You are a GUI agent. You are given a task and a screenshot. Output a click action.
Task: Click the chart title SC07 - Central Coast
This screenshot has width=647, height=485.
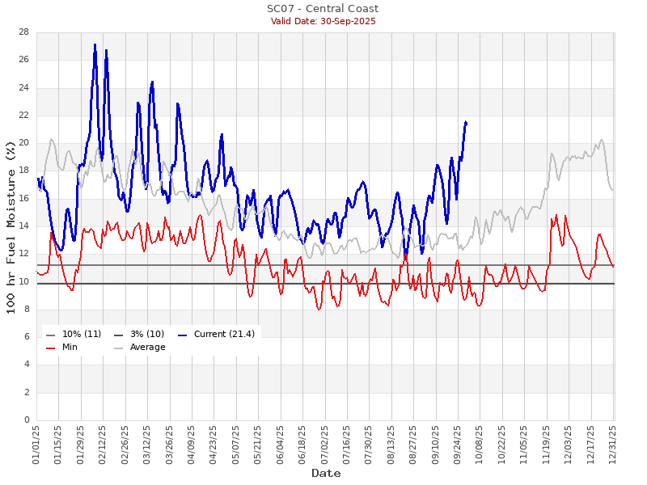pyautogui.click(x=323, y=9)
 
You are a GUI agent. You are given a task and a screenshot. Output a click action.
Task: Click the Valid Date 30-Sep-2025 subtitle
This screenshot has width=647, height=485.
pyautogui.click(x=323, y=21)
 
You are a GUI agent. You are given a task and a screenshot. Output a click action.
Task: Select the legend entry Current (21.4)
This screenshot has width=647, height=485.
pyautogui.click(x=216, y=334)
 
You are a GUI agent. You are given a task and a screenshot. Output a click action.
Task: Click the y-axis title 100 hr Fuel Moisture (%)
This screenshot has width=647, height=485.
pyautogui.click(x=12, y=226)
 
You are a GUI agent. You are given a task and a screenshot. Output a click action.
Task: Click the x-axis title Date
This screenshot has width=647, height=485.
pyautogui.click(x=326, y=473)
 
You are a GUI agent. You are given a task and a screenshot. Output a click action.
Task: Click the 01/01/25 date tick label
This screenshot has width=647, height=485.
pyautogui.click(x=36, y=444)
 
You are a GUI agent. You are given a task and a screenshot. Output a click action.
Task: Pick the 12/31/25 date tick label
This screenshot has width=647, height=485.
pyautogui.click(x=613, y=444)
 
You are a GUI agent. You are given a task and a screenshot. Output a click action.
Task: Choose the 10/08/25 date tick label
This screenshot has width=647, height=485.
pyautogui.click(x=480, y=444)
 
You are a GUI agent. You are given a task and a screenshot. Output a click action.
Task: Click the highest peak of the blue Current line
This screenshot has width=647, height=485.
pyautogui.click(x=95, y=44)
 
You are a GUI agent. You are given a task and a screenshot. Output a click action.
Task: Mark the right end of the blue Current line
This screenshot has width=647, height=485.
pyautogui.click(x=466, y=122)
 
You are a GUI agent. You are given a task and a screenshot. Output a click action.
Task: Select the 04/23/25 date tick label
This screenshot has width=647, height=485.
pyautogui.click(x=214, y=444)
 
